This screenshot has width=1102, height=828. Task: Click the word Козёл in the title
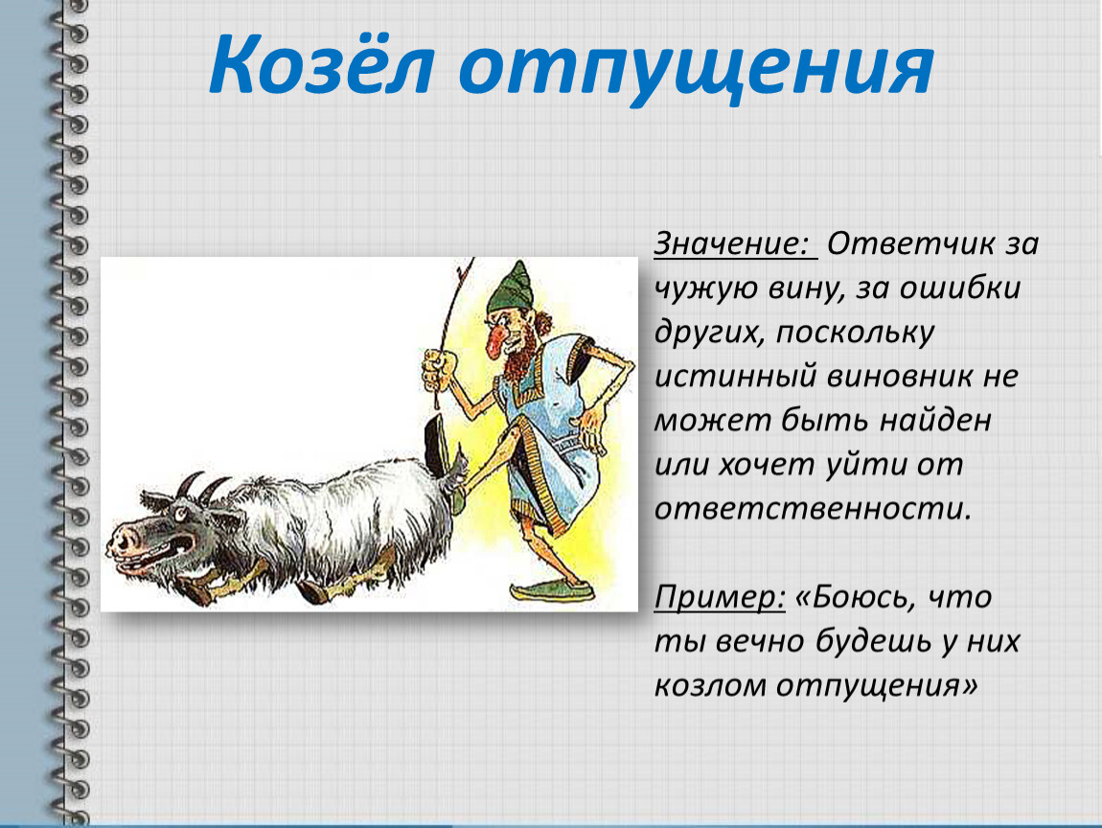coord(320,64)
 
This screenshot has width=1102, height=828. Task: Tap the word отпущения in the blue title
coord(697,69)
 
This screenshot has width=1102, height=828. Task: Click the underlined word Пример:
coord(719,597)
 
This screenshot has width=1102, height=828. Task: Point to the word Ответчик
coord(911,244)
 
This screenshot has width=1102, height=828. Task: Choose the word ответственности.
coord(813,509)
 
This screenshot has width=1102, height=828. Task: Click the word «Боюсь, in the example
coord(856,597)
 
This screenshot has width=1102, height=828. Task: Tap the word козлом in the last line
coord(710,685)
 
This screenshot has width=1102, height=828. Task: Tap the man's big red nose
coord(497,340)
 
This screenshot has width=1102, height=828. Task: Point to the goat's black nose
coord(124,540)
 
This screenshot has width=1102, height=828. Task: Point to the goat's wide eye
coord(182,516)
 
